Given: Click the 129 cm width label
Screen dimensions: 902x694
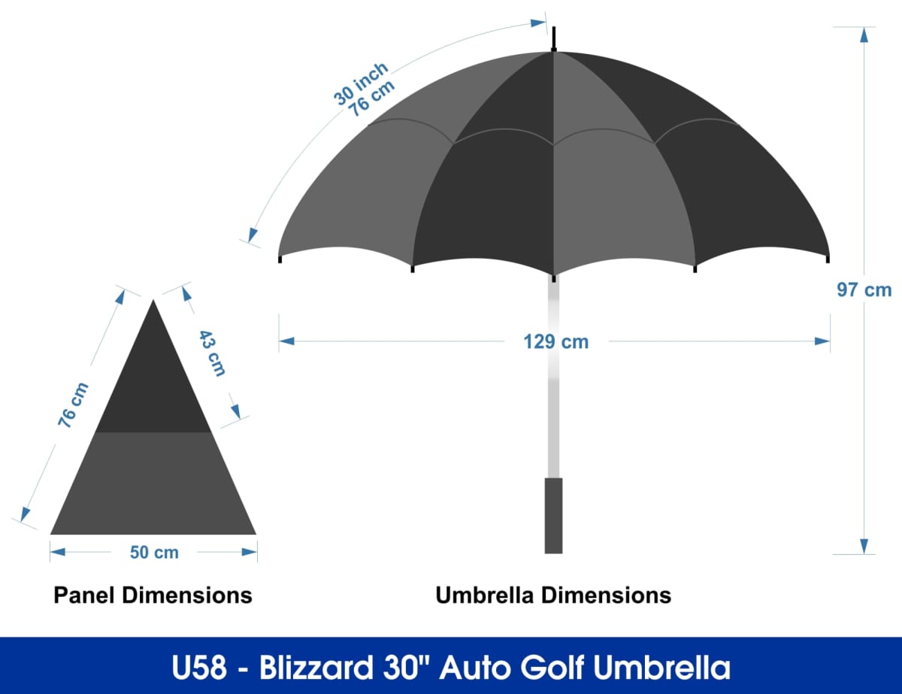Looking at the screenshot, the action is pyautogui.click(x=555, y=342).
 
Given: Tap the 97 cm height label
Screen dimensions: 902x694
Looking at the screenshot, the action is pyautogui.click(x=864, y=289).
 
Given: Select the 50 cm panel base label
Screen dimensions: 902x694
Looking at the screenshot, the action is pyautogui.click(x=154, y=553).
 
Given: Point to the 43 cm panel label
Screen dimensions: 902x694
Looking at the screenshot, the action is pyautogui.click(x=212, y=353).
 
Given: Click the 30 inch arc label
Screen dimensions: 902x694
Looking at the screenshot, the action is pyautogui.click(x=361, y=84).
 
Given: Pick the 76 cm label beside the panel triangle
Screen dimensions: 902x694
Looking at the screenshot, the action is pyautogui.click(x=74, y=405).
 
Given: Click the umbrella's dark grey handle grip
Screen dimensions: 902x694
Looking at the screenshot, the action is pyautogui.click(x=553, y=516).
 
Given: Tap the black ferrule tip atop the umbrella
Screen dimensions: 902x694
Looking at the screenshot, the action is pyautogui.click(x=554, y=39).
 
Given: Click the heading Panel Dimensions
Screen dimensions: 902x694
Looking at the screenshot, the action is pyautogui.click(x=153, y=595).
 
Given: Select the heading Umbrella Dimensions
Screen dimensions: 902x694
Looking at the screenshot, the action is pyautogui.click(x=553, y=595).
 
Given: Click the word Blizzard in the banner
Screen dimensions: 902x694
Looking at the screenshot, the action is pyautogui.click(x=316, y=668).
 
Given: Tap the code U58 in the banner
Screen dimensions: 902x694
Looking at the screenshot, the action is pyautogui.click(x=199, y=668).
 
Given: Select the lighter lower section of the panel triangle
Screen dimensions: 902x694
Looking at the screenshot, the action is pyautogui.click(x=153, y=483).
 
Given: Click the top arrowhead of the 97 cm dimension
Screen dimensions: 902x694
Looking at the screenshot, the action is pyautogui.click(x=864, y=35).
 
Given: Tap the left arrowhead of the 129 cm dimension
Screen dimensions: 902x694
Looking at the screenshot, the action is pyautogui.click(x=287, y=341).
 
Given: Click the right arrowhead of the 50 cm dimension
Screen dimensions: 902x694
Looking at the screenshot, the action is pyautogui.click(x=249, y=552).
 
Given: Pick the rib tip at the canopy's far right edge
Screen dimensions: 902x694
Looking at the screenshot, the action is pyautogui.click(x=828, y=259).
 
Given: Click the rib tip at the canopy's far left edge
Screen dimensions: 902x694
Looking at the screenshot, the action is pyautogui.click(x=280, y=259).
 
